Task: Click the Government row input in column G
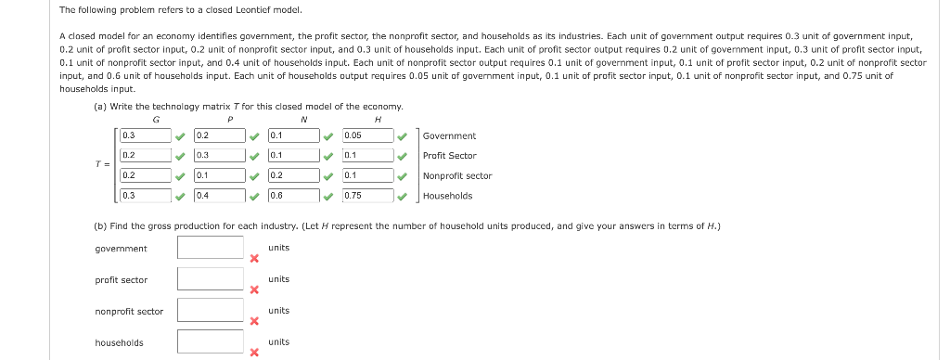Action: pos(146,135)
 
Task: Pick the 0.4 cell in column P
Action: pos(219,196)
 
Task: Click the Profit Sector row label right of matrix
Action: pos(449,156)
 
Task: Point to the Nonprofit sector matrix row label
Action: pos(456,176)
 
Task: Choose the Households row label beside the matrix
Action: pos(447,196)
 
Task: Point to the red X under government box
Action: pos(253,259)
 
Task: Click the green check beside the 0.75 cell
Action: pos(402,196)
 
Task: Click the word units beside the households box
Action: pos(278,342)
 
